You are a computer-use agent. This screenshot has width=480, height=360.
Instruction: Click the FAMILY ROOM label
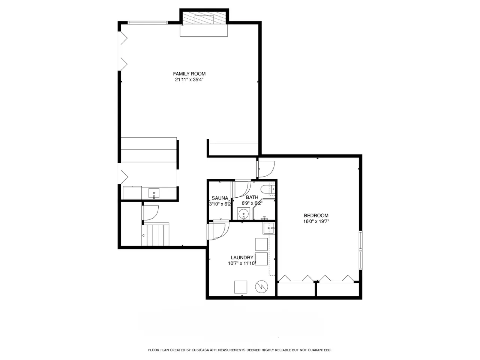(x=189, y=73)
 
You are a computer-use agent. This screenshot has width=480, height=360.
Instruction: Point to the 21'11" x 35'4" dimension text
(x=189, y=79)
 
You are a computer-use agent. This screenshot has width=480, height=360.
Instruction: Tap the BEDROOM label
(x=316, y=215)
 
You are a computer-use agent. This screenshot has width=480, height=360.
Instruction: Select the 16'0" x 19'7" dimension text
(x=316, y=221)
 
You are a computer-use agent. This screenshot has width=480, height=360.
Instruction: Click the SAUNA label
(x=220, y=198)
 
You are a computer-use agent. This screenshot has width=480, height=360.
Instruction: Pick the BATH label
(x=252, y=197)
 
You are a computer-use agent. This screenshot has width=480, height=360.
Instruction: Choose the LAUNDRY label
(x=242, y=258)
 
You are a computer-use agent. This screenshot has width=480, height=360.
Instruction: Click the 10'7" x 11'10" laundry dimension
(x=242, y=263)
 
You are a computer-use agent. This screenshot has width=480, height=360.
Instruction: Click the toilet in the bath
(x=269, y=189)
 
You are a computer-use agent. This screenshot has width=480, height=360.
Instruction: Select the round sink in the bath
(x=243, y=213)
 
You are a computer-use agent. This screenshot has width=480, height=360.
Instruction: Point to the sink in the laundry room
(x=268, y=228)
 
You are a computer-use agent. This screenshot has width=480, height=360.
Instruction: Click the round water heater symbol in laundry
(x=261, y=287)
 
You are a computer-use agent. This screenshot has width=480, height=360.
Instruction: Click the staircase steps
(x=155, y=234)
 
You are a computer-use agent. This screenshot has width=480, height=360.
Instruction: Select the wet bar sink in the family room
(x=154, y=193)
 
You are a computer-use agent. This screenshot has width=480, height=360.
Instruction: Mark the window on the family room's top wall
(x=148, y=22)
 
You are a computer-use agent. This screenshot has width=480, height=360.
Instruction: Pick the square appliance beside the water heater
(x=240, y=287)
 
